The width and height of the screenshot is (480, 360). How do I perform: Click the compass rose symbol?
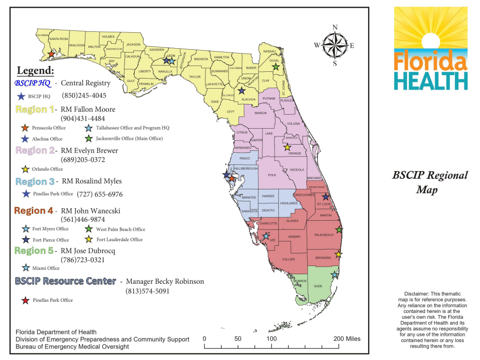point(335,45)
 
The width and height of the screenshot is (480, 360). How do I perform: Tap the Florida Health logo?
point(431,48)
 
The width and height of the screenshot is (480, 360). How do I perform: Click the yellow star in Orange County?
point(288,147)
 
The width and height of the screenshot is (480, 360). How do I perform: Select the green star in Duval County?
point(275,67)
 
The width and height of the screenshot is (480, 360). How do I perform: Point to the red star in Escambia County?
point(51,55)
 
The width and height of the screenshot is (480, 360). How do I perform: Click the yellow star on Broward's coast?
point(339,254)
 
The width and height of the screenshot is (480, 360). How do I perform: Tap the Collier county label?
point(288,259)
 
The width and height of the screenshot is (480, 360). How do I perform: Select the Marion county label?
point(261,113)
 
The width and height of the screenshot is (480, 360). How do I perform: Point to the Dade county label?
point(318,286)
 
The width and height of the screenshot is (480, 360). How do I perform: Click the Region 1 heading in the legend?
point(35,109)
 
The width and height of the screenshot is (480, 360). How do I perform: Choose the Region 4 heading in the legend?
point(33,211)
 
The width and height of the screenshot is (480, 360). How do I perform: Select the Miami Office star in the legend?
point(26,268)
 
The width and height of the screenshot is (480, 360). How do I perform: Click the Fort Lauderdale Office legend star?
point(89,240)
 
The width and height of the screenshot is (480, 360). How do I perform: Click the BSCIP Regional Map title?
point(430,182)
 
